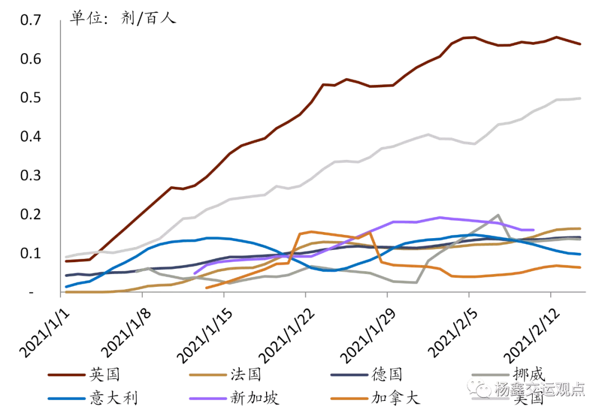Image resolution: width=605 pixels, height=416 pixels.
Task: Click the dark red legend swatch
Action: [67, 375]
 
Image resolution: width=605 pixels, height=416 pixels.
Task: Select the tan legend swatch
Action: [208, 375]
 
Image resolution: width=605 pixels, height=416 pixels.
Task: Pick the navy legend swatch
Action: [349, 375]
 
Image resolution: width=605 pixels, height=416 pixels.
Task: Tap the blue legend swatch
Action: [67, 399]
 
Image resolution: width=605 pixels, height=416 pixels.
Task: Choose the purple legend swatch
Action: [208, 399]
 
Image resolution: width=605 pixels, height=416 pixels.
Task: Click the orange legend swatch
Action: [349, 399]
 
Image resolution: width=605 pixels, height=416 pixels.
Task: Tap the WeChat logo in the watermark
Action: [480, 387]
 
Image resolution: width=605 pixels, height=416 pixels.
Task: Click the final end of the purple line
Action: [534, 229]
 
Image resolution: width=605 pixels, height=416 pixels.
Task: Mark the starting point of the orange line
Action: [207, 288]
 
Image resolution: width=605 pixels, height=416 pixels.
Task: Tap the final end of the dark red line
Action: [580, 44]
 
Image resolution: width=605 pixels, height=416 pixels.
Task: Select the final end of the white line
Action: [580, 98]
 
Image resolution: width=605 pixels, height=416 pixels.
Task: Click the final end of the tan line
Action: [580, 228]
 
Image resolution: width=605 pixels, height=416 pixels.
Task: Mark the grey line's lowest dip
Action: [416, 283]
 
